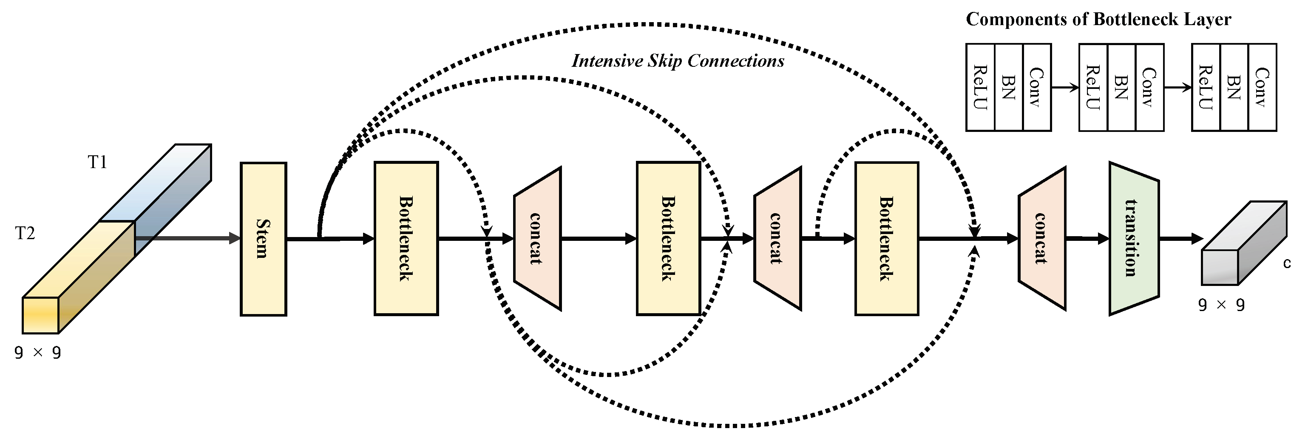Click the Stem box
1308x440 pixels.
[263, 239]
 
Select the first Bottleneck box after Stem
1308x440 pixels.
[406, 239]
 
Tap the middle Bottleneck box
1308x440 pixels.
[668, 239]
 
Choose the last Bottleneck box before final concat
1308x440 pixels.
[887, 239]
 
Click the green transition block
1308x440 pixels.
[1133, 239]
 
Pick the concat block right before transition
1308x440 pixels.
[1041, 239]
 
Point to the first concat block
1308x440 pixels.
[537, 239]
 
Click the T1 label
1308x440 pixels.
[97, 162]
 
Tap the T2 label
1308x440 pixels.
[25, 233]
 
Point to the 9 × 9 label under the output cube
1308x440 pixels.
[1221, 305]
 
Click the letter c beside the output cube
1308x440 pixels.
[1287, 263]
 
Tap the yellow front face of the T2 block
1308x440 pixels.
[41, 315]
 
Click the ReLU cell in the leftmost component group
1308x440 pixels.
[980, 87]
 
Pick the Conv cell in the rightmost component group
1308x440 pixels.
[1262, 87]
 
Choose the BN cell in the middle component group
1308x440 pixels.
[1121, 87]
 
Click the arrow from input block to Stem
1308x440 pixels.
[188, 238]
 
